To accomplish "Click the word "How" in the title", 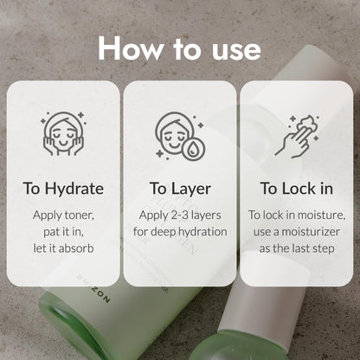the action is point(131,48).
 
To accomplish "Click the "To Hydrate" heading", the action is point(63,189).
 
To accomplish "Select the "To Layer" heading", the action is point(180,190).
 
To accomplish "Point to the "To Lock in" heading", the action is point(297,189).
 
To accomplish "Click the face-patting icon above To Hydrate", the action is point(63,134).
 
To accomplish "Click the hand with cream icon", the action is point(297,137).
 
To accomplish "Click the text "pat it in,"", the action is point(63,232).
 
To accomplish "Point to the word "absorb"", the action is point(77,248).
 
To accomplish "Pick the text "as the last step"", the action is point(297,248).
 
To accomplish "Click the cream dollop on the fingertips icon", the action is point(307,124).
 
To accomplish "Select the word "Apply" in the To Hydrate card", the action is point(48,215).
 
